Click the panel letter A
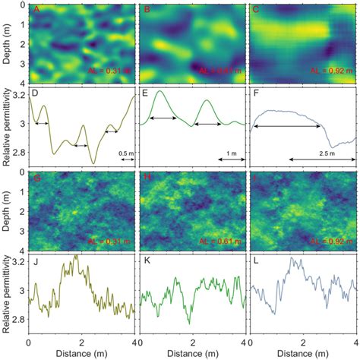33,11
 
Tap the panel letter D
33,96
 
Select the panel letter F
255,96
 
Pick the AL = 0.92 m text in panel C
331,71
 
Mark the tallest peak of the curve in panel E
160,92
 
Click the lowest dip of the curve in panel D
93,163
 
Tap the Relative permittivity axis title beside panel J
7,298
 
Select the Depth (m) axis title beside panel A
7,44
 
